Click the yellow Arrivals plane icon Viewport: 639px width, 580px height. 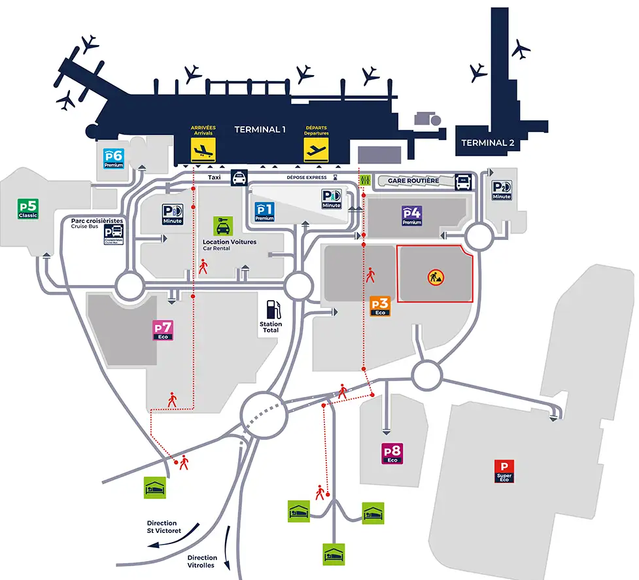[x=203, y=150]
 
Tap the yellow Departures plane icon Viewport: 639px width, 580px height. [x=316, y=150]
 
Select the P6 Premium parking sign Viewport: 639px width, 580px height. [x=114, y=158]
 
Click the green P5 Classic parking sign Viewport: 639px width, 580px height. [x=29, y=209]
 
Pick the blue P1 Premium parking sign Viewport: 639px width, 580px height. [x=264, y=211]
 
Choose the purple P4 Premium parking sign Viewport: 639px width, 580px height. [x=412, y=215]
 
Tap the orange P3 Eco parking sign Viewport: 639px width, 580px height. [x=380, y=305]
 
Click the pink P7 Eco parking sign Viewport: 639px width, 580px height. [x=162, y=330]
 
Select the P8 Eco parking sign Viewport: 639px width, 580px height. [x=392, y=453]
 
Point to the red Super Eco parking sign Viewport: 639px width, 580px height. [x=504, y=471]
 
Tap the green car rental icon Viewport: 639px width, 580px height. [x=222, y=226]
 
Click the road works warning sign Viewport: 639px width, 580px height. [x=436, y=277]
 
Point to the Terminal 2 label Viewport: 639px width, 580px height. [x=483, y=143]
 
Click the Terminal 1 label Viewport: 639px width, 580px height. [x=260, y=129]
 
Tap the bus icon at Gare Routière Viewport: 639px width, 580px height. [x=463, y=181]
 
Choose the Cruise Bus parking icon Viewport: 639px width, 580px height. [x=113, y=235]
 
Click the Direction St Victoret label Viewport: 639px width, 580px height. [x=164, y=527]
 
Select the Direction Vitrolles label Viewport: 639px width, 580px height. [x=202, y=562]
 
